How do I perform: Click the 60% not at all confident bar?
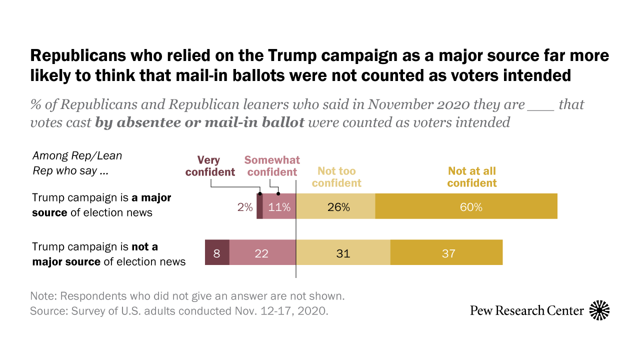coord(466,206)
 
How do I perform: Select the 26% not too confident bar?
coord(335,206)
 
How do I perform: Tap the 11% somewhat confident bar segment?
coord(279,206)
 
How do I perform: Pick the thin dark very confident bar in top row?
coord(259,206)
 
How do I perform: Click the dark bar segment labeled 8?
coord(217,252)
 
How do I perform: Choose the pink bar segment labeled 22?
coord(262,252)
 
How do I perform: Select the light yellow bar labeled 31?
coord(343,252)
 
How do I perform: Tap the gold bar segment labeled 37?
coord(446,252)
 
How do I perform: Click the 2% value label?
coord(245,206)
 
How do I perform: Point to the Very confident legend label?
coord(210,166)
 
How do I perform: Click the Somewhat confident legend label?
coord(272,166)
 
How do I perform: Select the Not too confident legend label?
coord(336,177)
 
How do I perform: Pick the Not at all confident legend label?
coord(472,177)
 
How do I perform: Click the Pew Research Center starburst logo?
coord(599,310)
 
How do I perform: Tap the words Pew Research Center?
coord(527,311)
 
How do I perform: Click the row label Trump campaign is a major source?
coord(101,205)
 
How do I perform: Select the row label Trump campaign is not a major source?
coord(108,254)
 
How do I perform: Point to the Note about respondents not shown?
coord(187,295)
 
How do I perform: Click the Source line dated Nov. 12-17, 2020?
coord(179,310)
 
